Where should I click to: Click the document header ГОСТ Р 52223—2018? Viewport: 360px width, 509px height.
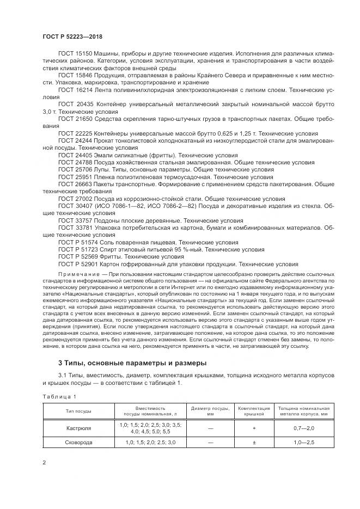click(x=72, y=36)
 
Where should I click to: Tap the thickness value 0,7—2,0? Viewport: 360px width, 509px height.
click(x=304, y=428)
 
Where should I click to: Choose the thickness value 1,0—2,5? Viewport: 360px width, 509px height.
click(x=304, y=443)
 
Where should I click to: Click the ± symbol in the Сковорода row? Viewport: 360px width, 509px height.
click(x=254, y=443)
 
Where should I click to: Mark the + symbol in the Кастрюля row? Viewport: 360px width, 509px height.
click(x=254, y=428)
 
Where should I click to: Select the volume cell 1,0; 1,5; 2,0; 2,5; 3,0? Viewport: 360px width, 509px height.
click(x=150, y=443)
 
